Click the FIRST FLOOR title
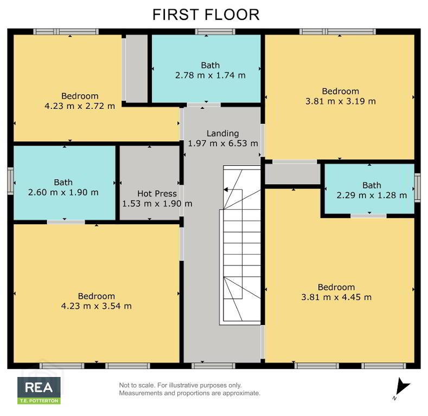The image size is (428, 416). (206, 15)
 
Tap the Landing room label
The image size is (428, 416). (223, 134)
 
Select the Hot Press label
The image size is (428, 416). (157, 193)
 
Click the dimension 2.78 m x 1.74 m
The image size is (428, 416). (210, 75)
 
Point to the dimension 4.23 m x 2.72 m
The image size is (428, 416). (80, 106)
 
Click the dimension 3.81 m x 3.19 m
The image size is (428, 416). (340, 101)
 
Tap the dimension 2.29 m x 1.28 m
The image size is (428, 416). (372, 196)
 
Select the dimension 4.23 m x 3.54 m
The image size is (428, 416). (97, 306)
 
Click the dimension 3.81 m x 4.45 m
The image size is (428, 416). (336, 297)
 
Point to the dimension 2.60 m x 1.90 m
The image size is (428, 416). (63, 192)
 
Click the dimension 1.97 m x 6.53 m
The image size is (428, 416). (223, 144)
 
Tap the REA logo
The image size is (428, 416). (39, 391)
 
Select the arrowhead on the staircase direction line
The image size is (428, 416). (226, 190)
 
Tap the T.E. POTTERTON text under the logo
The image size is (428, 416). (39, 401)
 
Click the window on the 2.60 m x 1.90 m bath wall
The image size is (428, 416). (10, 181)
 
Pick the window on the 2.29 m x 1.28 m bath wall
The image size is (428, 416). (418, 187)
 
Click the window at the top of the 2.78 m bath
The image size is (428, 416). (215, 31)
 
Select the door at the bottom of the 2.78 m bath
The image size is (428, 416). (204, 105)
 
